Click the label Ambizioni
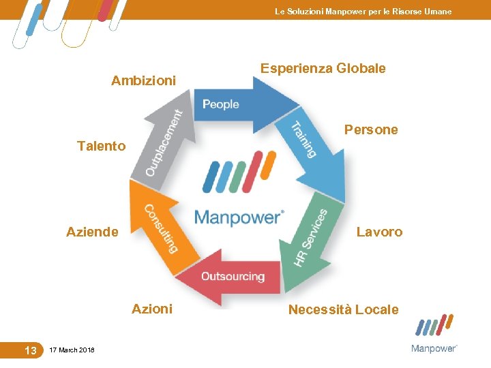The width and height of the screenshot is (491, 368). [143, 81]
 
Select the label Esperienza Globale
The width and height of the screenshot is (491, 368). [323, 68]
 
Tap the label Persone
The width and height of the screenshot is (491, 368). [371, 129]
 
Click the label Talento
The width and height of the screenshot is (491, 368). [102, 145]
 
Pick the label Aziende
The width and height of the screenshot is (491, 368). [92, 232]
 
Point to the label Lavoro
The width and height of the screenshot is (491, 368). [379, 232]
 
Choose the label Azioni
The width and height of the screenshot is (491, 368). [152, 309]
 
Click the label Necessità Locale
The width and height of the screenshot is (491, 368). [343, 309]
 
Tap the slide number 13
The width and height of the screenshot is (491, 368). [30, 350]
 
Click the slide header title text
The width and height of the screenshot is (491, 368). [363, 12]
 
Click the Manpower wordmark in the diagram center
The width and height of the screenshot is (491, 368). [239, 217]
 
